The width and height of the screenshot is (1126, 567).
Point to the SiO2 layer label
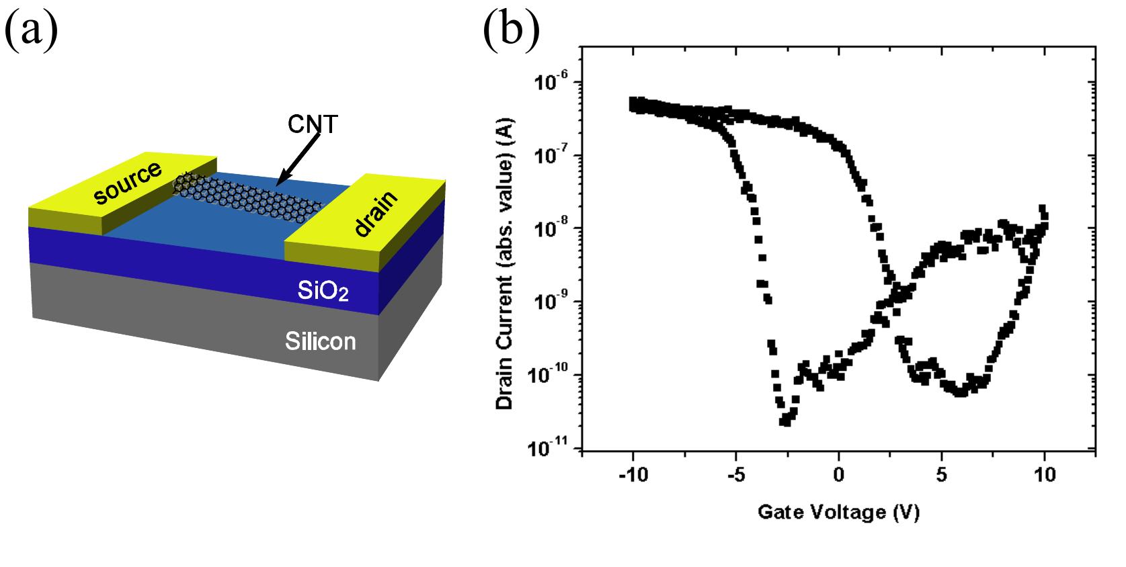[323, 292]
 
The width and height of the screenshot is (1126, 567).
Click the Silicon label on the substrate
[320, 341]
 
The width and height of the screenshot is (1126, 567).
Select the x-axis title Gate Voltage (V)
[838, 513]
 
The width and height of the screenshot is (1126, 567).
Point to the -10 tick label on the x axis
[633, 475]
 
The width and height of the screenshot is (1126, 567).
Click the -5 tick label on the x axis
[735, 475]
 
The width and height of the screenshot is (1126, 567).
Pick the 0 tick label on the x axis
[838, 475]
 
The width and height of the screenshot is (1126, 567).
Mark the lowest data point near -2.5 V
[784, 422]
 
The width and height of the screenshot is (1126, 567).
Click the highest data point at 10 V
[1043, 209]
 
